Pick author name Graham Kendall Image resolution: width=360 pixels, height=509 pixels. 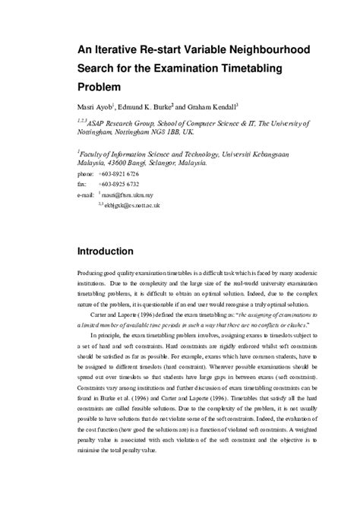pyautogui.click(x=219, y=108)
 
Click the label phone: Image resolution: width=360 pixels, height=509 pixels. pyautogui.click(x=87, y=175)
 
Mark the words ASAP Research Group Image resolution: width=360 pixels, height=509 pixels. pyautogui.click(x=135, y=122)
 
